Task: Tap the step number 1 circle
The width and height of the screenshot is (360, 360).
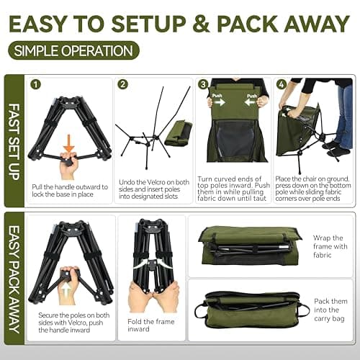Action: point(35,84)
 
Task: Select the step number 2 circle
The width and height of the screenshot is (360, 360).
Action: point(123,84)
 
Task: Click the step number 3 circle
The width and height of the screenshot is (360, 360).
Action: point(204,84)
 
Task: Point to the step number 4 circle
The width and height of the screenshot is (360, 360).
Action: point(281,84)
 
